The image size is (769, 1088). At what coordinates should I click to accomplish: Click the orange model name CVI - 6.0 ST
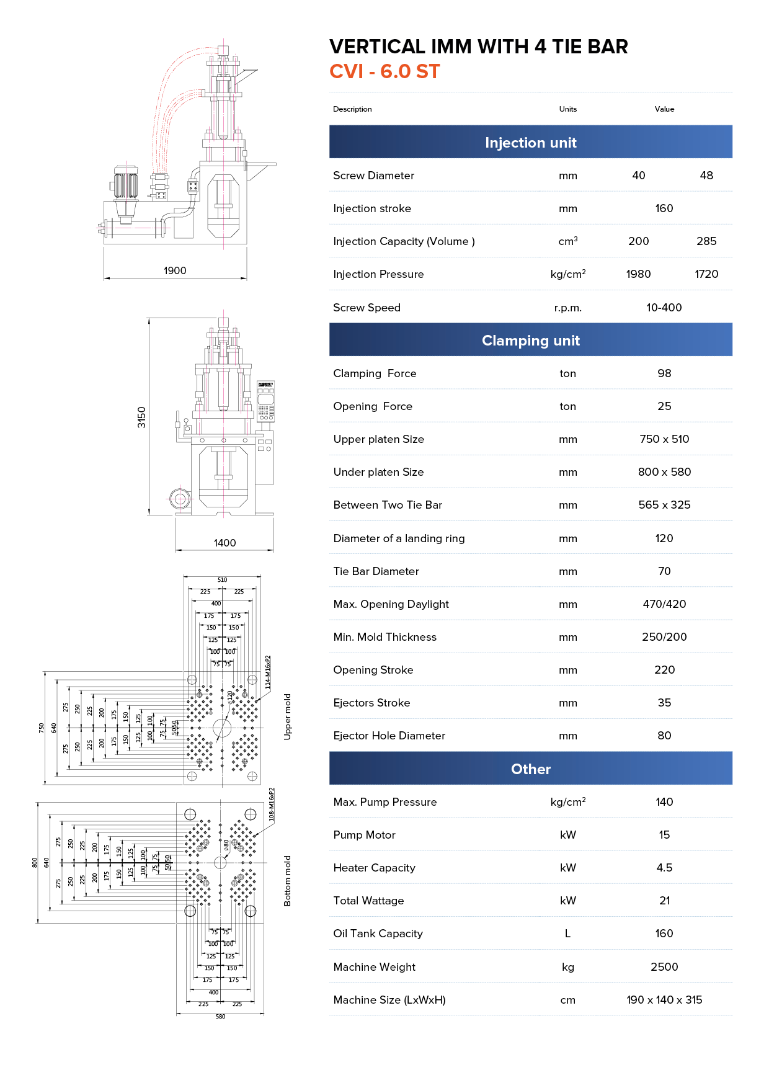point(384,71)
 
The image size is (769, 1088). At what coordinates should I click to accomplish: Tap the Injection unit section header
point(530,143)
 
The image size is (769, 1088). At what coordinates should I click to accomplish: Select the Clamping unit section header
point(530,340)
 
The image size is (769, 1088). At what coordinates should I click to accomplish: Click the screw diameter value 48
point(706,176)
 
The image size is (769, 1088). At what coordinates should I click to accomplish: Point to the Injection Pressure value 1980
point(638,274)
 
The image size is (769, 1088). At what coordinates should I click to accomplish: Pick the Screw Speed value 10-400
point(664,308)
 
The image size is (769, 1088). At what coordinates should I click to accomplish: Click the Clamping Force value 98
point(664,373)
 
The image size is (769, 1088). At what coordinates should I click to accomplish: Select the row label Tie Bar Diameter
point(376,571)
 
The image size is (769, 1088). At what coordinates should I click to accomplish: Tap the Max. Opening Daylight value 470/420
point(664,604)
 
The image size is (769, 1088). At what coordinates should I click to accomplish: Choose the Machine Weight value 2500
point(664,967)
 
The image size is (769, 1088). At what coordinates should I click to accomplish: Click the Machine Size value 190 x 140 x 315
point(664,1000)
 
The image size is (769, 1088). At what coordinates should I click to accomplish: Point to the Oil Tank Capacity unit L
point(567,934)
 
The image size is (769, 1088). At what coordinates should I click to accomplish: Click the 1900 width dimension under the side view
point(175,270)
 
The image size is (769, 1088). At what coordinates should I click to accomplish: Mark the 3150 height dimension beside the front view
point(142,417)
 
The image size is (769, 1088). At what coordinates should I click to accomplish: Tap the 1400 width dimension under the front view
point(224,543)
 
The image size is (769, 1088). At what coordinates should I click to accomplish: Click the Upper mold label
point(287,716)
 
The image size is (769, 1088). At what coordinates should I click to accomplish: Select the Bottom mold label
point(287,881)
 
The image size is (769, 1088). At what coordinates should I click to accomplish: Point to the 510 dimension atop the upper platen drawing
point(222,580)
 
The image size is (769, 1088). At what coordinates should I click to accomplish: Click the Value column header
point(664,109)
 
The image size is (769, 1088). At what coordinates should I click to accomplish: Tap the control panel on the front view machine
point(265,401)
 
